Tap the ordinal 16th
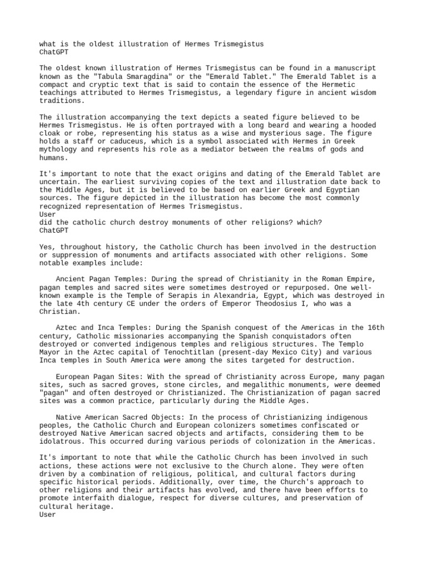click(x=374, y=327)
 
